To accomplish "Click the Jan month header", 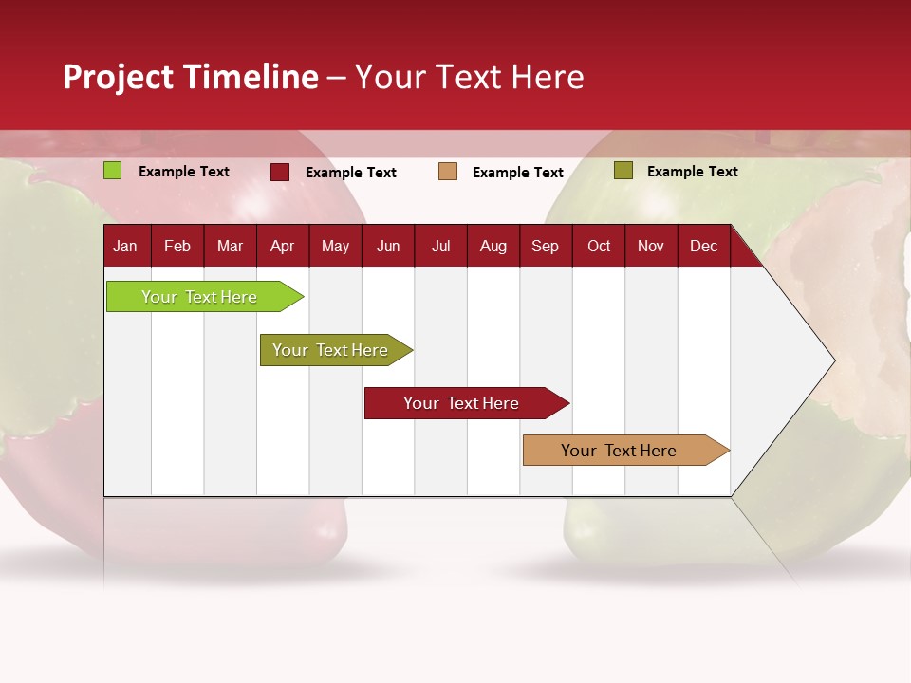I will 125,246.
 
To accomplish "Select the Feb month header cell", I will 177,246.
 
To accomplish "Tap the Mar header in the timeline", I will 230,246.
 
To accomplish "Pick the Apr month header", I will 282,246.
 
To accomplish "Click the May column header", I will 335,246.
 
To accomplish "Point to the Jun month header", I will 388,246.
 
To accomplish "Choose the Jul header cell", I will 440,246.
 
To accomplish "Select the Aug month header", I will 493,246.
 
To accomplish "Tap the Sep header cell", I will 545,246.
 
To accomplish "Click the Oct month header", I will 599,246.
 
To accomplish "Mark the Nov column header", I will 651,246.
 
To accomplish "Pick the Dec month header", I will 703,246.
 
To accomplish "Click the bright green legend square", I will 113,171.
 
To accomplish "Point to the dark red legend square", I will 280,172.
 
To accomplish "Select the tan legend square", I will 448,172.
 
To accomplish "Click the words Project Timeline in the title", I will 191,77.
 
